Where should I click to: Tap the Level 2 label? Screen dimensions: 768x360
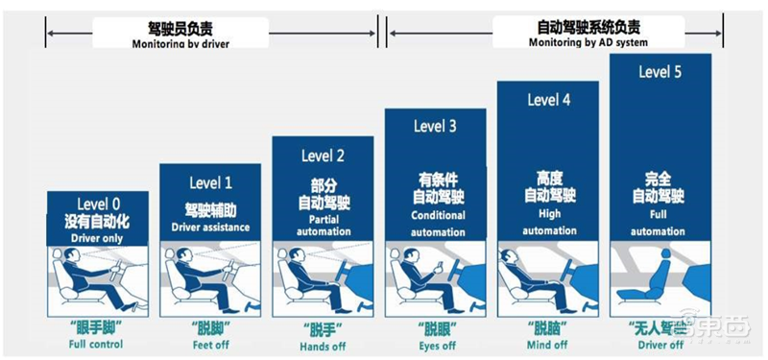coord(322,156)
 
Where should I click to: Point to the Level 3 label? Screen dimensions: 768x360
coord(435,126)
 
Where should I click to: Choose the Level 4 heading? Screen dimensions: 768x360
coord(548,100)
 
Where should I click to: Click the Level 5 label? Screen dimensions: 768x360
coord(660,73)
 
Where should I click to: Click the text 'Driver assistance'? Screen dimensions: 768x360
coord(210,228)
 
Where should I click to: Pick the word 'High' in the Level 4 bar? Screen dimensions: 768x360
coord(548,215)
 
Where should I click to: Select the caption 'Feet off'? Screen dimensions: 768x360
coord(209,344)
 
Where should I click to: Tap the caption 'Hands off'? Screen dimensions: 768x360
coord(323,344)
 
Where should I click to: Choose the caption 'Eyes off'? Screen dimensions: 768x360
coord(435,344)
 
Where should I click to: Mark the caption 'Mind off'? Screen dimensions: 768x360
coord(548,344)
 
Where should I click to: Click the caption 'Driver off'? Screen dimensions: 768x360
coord(661,344)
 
